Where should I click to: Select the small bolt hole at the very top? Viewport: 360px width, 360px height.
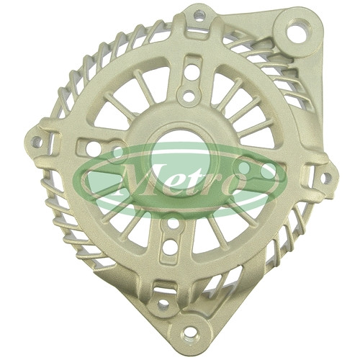(x=199, y=16)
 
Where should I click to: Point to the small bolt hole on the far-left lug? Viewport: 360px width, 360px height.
(x=37, y=142)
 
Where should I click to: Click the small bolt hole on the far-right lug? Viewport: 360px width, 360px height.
(x=325, y=178)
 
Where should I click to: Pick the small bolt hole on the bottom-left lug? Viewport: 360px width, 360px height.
(x=163, y=304)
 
